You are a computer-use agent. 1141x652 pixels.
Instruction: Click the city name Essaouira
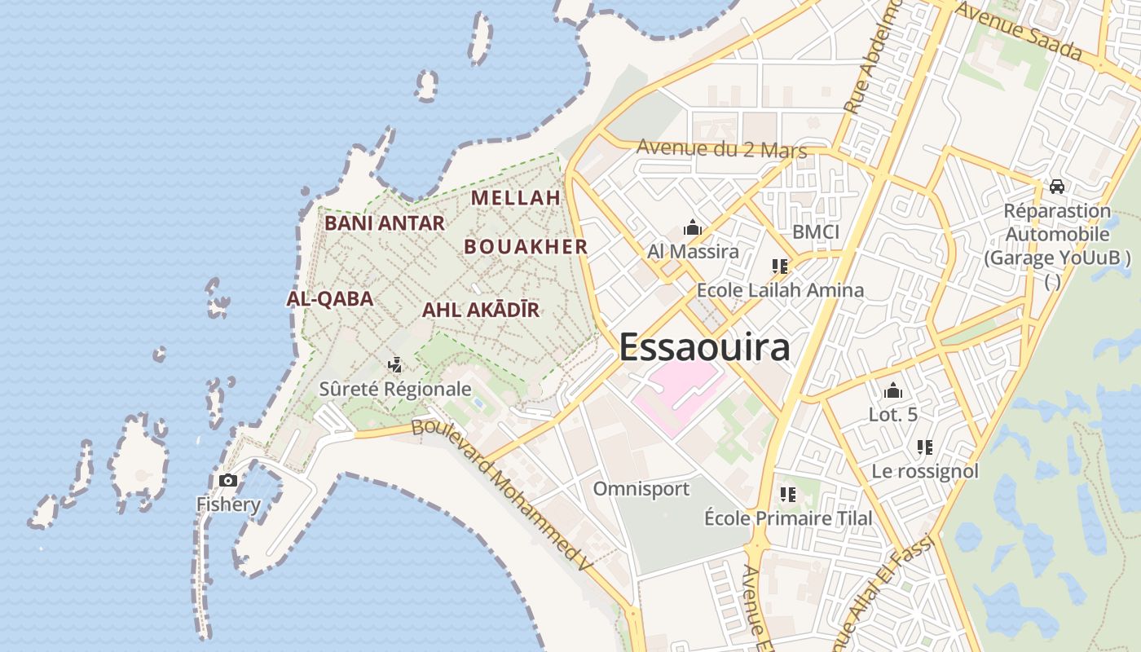tap(704, 347)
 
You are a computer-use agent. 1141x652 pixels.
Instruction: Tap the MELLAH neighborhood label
tap(516, 197)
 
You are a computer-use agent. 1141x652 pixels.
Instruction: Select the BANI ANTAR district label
tap(385, 222)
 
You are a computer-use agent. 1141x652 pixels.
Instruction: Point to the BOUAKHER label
tap(526, 246)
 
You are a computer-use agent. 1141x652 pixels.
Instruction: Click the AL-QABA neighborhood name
tap(330, 298)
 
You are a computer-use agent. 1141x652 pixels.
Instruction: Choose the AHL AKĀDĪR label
tap(481, 310)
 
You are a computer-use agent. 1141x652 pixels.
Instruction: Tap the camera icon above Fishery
tap(228, 480)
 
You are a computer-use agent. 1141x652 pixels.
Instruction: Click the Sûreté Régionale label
tap(395, 389)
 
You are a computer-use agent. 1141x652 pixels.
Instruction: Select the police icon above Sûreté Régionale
tap(395, 364)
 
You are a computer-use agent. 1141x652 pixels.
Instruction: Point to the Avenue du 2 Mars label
tap(721, 149)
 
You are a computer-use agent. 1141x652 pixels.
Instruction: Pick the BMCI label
tap(816, 231)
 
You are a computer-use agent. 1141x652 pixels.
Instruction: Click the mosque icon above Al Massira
tap(693, 227)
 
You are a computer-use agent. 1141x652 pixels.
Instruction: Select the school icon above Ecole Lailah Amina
tap(780, 266)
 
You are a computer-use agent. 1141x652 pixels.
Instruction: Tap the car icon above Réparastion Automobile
tap(1057, 186)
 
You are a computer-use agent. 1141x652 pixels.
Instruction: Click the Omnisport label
tap(641, 489)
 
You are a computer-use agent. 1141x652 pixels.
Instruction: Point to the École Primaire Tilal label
tap(788, 518)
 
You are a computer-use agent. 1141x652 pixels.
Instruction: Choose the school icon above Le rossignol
tap(925, 447)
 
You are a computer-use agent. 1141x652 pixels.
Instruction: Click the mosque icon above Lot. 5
tap(893, 390)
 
